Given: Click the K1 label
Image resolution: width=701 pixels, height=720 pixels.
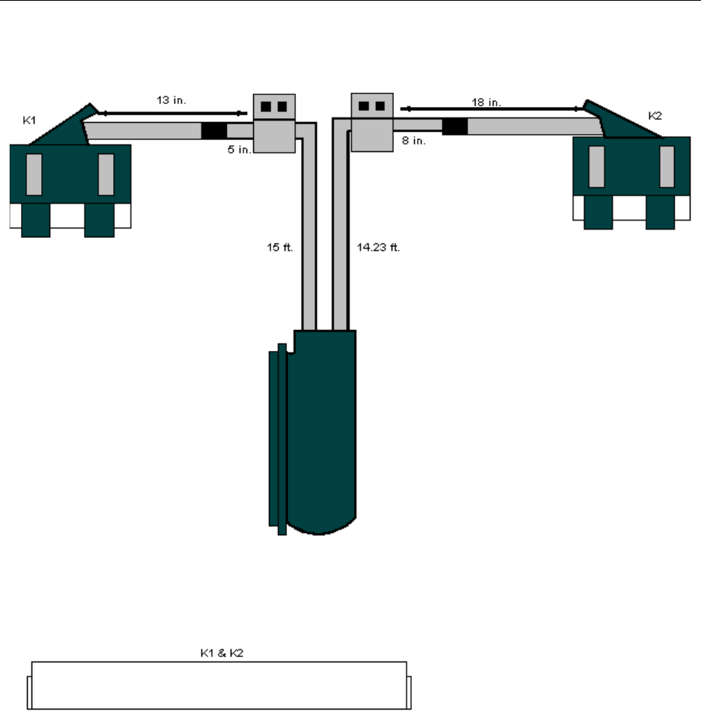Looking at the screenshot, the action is [x=29, y=120].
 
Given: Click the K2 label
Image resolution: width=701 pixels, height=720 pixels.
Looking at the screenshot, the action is [x=655, y=116].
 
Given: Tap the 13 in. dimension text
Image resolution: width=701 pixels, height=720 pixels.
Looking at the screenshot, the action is [x=172, y=100].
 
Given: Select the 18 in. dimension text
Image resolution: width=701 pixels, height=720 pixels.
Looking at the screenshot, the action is [x=486, y=103].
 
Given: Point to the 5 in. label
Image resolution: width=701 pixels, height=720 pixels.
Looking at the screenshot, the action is [x=240, y=150].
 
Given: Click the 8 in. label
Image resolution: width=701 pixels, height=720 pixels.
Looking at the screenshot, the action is [x=414, y=141].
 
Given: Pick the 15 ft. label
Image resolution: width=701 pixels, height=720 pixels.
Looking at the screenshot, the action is [x=280, y=248].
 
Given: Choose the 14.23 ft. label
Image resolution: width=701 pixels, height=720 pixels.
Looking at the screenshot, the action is [x=378, y=248].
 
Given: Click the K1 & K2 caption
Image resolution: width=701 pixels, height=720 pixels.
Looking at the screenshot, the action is [x=222, y=653].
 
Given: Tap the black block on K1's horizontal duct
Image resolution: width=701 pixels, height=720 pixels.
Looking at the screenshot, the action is [x=214, y=131].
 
